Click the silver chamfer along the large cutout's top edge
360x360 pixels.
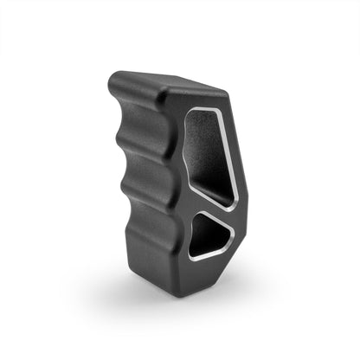[x=208, y=110]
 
